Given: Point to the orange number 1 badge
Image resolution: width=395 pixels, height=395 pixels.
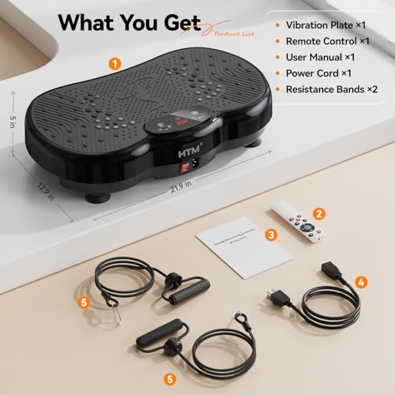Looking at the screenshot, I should click(115, 62).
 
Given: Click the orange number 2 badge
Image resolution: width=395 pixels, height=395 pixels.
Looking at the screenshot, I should click(319, 213).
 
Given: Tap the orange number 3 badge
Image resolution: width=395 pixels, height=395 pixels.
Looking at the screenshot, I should click(271, 235).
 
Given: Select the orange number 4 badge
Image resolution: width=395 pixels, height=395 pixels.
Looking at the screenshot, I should click(360, 280).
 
